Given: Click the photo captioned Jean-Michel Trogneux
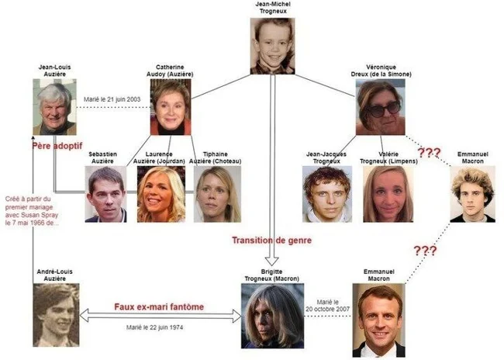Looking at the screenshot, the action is [x=273, y=46].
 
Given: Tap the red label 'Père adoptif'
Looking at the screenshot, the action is [x=57, y=146].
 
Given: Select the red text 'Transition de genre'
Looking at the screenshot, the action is [x=272, y=241].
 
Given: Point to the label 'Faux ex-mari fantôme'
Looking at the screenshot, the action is [x=159, y=306].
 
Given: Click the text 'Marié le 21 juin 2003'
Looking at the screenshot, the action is [x=112, y=99].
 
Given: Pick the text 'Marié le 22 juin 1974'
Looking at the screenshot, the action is [x=154, y=327].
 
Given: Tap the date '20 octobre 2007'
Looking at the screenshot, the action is [x=327, y=309].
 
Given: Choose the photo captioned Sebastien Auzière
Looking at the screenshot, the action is [x=105, y=194].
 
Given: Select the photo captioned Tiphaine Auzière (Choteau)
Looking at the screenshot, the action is [x=217, y=194].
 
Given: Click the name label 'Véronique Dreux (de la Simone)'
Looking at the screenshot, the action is [x=381, y=71].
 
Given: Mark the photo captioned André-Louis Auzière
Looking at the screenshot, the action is [x=56, y=315].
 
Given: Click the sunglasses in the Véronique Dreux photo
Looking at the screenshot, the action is [x=384, y=109].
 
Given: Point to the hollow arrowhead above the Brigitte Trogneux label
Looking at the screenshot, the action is [x=272, y=261].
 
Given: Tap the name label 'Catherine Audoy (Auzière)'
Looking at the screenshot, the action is [x=170, y=71].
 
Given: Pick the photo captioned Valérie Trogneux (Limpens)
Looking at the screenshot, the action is [x=388, y=194].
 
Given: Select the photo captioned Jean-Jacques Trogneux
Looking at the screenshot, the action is [x=327, y=194].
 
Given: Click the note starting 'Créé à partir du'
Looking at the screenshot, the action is [x=32, y=211].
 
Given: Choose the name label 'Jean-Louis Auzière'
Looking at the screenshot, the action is [x=54, y=71].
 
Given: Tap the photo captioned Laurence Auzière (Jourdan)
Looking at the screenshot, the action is [x=161, y=194].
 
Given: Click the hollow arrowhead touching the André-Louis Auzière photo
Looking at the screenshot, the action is [x=84, y=315].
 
